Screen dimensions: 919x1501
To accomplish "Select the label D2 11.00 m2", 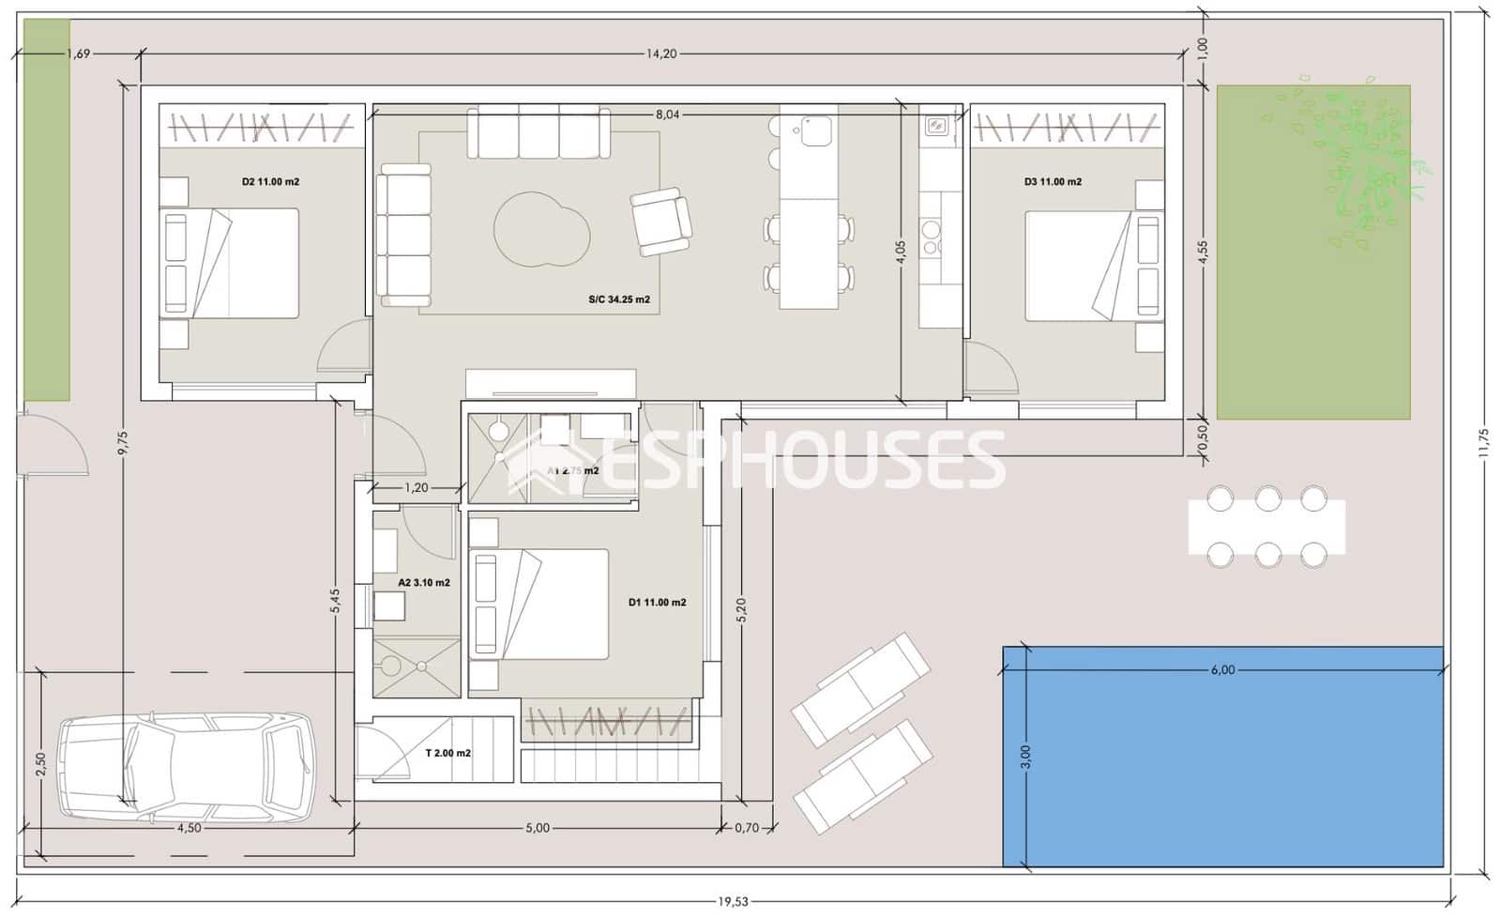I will [x=270, y=182].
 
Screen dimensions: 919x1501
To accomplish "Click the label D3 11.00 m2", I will [x=1053, y=182].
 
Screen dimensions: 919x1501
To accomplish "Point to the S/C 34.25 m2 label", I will [x=619, y=300].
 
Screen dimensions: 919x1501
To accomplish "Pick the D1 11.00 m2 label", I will [x=657, y=603].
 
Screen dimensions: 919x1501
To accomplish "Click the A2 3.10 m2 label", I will [x=424, y=583].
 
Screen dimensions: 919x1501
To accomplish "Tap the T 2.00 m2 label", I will [x=447, y=753].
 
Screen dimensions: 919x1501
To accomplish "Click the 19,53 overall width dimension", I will [x=734, y=902].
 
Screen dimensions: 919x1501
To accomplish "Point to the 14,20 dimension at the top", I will [x=660, y=54].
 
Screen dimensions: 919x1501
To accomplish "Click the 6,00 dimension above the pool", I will [x=1222, y=670].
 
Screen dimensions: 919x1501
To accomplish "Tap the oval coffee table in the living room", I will [x=542, y=229].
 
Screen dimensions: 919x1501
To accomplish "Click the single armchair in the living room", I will [x=660, y=222].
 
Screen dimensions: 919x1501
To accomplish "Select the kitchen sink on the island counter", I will [x=816, y=130].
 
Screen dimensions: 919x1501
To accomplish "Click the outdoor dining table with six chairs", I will [x=1266, y=527].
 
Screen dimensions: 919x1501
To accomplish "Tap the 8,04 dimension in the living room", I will [x=667, y=115].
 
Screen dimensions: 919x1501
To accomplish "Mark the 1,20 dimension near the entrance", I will [x=417, y=488].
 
